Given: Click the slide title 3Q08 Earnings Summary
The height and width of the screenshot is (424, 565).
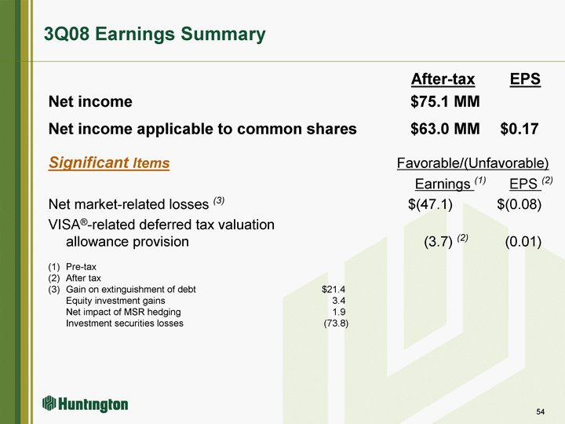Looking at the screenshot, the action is (155, 35).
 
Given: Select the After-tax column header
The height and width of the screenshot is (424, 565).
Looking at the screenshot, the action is (443, 79).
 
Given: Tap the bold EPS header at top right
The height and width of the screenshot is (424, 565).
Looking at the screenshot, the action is (525, 79).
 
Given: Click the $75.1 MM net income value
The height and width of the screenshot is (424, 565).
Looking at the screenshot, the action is (445, 101).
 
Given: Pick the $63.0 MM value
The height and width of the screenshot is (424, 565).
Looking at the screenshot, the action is (445, 129).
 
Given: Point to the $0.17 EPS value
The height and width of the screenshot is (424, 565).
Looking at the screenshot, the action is (519, 129).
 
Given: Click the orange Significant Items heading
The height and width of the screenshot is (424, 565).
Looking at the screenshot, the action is (109, 163).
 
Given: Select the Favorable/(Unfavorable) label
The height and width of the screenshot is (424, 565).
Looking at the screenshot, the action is (472, 163).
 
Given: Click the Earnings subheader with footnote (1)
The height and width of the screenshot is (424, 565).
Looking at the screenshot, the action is (450, 184).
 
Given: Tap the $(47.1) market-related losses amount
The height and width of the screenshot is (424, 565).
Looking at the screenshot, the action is (430, 204).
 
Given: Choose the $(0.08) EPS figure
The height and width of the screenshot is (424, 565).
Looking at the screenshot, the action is (519, 204).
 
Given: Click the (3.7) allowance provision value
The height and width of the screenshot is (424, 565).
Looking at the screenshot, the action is (438, 242).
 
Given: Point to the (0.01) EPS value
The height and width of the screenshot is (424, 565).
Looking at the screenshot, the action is (523, 242).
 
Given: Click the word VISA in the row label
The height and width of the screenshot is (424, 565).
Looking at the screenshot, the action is (64, 225).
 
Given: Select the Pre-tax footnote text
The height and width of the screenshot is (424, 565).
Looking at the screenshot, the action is (81, 267).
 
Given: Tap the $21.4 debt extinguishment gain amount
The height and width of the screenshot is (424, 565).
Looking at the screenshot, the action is (334, 289).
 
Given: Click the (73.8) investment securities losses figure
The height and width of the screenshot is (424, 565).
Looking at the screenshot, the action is (336, 323).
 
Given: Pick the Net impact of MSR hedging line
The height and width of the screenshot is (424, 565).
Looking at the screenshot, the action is (123, 312).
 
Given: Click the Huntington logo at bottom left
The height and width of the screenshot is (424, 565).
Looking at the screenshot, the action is (85, 404).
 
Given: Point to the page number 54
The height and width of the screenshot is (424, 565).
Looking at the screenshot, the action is (540, 411).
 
